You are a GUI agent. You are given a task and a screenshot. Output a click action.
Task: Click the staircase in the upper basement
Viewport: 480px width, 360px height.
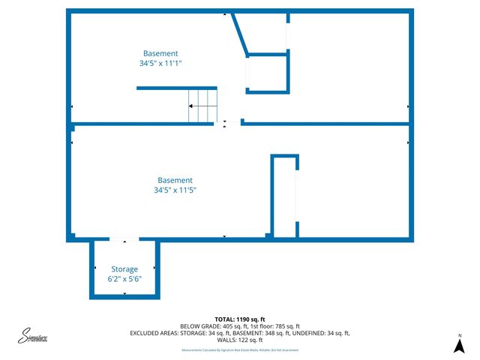pos(202,106)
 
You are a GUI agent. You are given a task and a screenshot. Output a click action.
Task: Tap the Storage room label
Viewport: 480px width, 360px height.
pos(124,269)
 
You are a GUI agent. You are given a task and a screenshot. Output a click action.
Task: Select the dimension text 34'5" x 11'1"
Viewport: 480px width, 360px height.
pos(161,64)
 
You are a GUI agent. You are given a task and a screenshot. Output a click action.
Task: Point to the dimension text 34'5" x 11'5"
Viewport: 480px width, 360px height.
pos(175,190)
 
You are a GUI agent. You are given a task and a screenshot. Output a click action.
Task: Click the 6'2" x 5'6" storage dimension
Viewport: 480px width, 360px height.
pos(124,279)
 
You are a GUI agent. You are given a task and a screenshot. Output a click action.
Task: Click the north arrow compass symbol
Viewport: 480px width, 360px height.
pos(459,345)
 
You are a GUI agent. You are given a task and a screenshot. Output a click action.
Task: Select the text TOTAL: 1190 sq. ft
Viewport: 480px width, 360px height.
pos(240,319)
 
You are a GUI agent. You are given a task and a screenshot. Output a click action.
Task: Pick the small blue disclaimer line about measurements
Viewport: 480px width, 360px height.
pos(240,350)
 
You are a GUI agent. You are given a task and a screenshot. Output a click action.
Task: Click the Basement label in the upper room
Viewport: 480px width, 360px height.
pos(161,53)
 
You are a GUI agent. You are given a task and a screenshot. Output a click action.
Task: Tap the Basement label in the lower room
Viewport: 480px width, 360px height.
pos(175,180)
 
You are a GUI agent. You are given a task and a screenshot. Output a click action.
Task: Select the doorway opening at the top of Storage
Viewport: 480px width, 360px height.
pos(124,239)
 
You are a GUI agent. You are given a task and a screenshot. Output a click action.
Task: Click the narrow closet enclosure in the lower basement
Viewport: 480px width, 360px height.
pos(284,196)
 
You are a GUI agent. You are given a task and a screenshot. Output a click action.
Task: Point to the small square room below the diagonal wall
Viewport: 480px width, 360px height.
pos(268,73)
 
